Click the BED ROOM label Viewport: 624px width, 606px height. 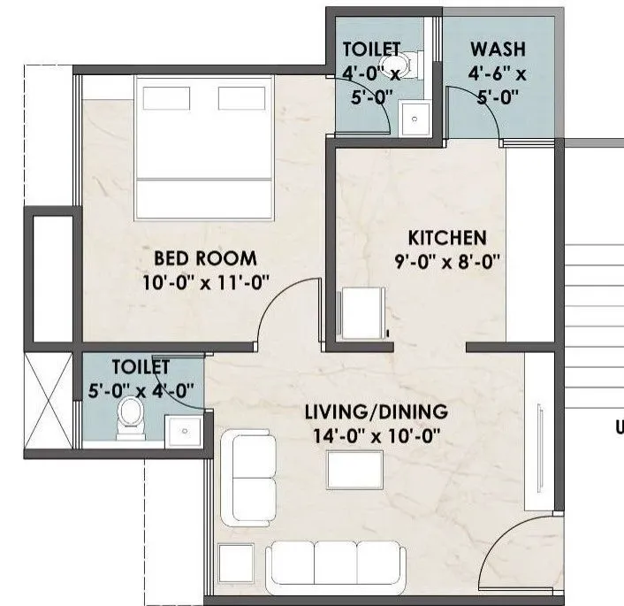click(205, 258)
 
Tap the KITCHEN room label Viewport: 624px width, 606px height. click(446, 237)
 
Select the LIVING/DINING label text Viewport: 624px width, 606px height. click(377, 411)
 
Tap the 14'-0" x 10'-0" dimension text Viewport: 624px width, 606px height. click(377, 435)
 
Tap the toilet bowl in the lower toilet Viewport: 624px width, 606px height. click(130, 416)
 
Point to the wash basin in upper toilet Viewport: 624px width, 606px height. click(413, 118)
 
